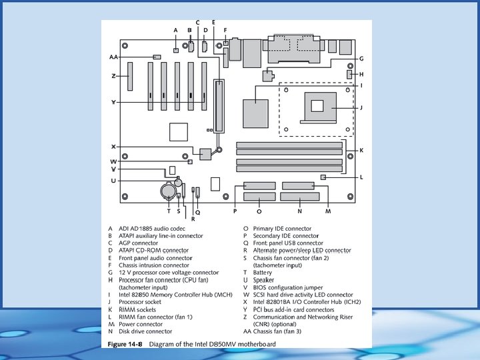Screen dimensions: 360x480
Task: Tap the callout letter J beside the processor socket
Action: click(x=361, y=107)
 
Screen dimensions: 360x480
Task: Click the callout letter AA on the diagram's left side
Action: click(x=113, y=57)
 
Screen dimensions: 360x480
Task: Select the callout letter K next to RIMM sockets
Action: click(x=361, y=151)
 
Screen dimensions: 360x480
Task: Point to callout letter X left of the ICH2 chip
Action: click(x=114, y=146)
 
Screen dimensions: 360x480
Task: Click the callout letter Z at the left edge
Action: click(x=113, y=76)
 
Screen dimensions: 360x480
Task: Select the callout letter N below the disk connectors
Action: click(x=300, y=211)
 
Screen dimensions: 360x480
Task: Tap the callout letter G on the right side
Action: click(x=361, y=59)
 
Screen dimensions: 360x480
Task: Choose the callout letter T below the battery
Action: click(x=169, y=211)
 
